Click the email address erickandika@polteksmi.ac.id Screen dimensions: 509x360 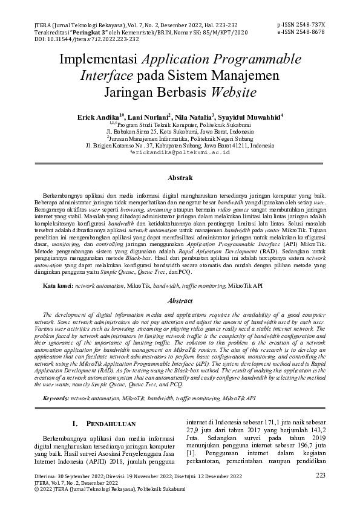pyautogui.click(x=180, y=154)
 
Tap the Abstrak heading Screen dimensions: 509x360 pyautogui.click(x=180, y=178)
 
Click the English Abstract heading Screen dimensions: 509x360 pyautogui.click(x=180, y=300)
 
